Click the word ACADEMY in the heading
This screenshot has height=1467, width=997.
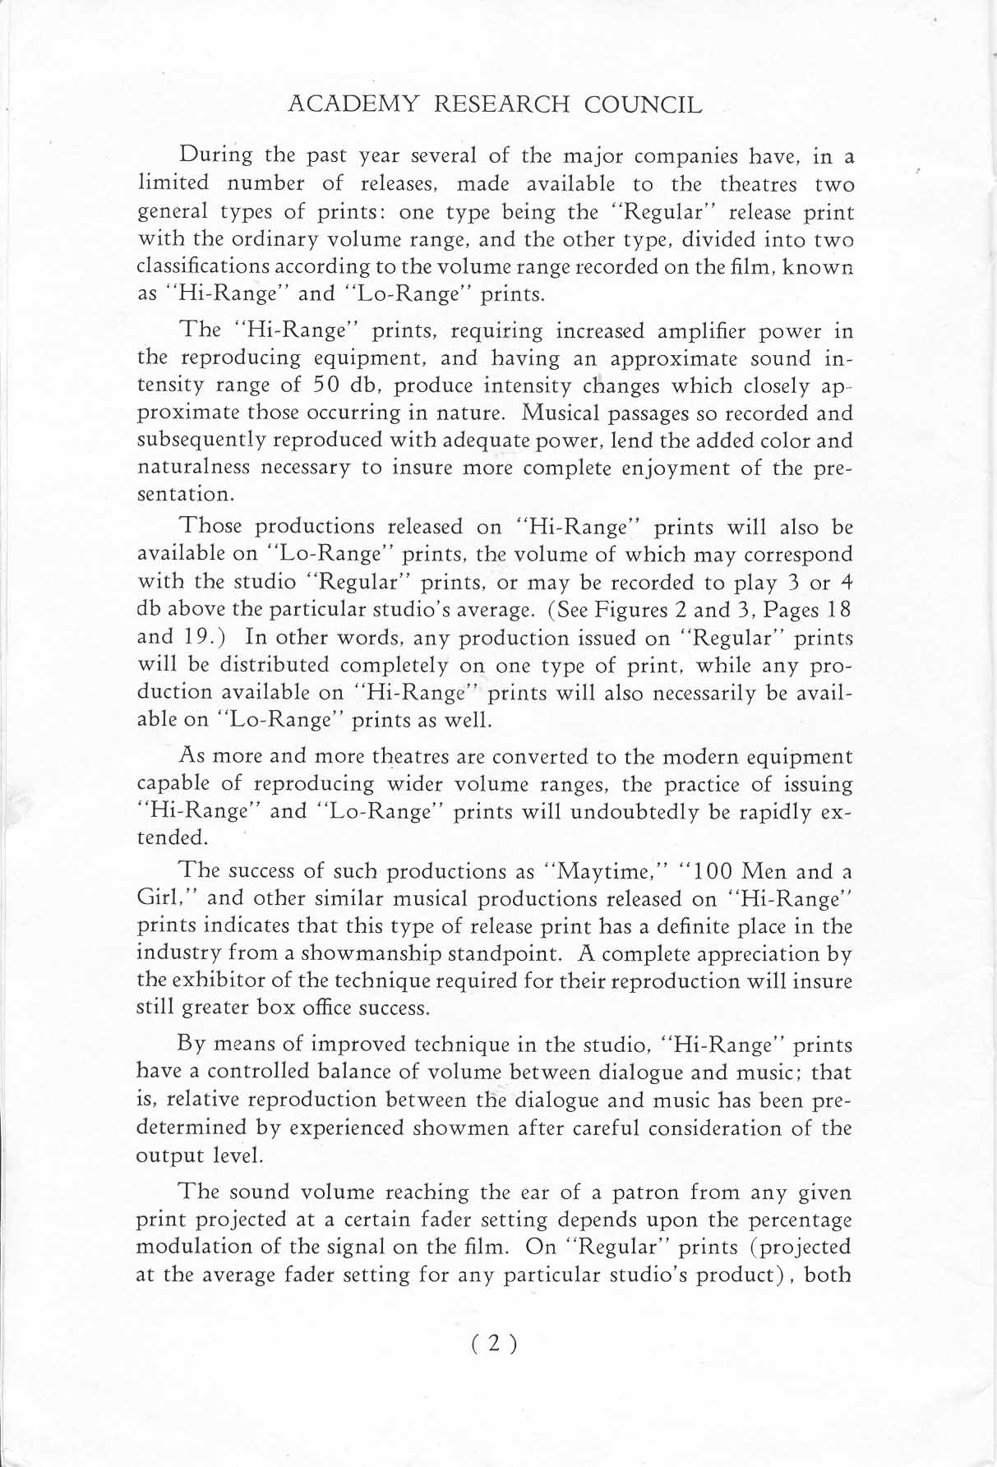point(344,104)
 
